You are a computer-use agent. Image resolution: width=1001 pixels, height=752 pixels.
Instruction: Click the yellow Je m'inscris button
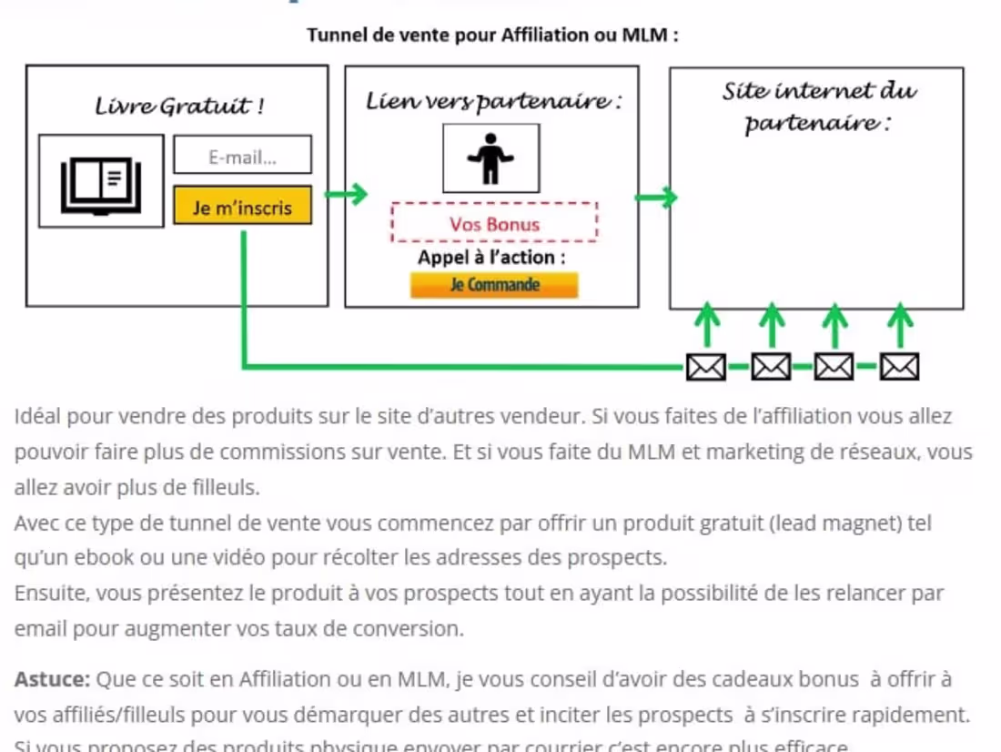click(242, 207)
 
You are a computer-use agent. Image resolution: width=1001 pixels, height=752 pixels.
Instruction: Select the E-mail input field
click(242, 156)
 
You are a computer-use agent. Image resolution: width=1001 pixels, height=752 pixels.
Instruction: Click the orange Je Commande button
click(494, 285)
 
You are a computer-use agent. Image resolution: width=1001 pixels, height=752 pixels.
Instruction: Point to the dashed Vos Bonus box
click(494, 223)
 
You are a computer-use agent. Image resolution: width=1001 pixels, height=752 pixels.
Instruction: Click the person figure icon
click(490, 158)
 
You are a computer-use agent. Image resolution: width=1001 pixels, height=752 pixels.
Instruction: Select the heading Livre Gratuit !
click(179, 107)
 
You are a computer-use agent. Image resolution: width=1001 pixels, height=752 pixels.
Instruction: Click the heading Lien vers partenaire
click(494, 101)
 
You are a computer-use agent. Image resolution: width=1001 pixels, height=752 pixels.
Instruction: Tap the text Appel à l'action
click(491, 258)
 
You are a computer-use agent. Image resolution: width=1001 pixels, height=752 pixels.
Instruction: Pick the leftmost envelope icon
click(705, 368)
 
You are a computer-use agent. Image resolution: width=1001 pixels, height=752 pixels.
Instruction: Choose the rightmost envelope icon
click(899, 368)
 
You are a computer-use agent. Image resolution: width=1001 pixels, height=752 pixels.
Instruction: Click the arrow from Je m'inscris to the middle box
click(346, 194)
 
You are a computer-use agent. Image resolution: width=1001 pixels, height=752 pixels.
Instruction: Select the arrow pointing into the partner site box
click(655, 197)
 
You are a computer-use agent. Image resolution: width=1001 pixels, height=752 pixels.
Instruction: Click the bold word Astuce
click(52, 679)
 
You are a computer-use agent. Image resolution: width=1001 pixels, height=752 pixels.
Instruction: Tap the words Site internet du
click(819, 91)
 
